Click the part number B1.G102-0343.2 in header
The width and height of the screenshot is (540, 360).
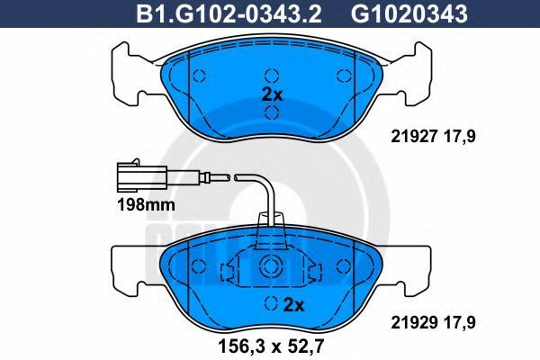[x=229, y=14]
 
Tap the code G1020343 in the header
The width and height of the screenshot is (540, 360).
[x=409, y=14]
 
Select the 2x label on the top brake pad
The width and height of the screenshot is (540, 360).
[x=272, y=94]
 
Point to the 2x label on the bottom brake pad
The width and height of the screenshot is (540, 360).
[x=293, y=305]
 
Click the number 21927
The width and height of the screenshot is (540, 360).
[x=413, y=137]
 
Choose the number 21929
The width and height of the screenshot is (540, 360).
[x=413, y=322]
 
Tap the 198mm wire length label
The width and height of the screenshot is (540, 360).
[x=146, y=205]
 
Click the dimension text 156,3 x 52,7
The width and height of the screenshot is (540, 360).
[x=272, y=346]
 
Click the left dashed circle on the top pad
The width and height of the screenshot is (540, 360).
[x=199, y=76]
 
